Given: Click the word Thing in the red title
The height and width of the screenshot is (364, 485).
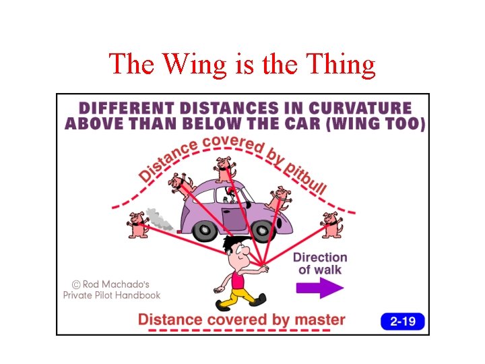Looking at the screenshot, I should coord(340,65).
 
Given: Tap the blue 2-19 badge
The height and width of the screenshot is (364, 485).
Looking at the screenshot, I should coord(403,321).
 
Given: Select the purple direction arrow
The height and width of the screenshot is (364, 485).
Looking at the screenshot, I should coord(319,288).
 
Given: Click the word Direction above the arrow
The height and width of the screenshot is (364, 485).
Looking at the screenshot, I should coord(320,257).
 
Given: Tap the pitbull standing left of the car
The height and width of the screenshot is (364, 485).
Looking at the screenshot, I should coord(138,224).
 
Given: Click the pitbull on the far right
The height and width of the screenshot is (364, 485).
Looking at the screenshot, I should coord(330,224).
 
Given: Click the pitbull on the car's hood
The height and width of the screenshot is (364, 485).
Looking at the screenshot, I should coord(279,199).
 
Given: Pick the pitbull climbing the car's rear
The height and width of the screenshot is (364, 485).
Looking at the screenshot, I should coord(181,184).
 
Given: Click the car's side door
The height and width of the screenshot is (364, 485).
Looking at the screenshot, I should coord(236,216).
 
